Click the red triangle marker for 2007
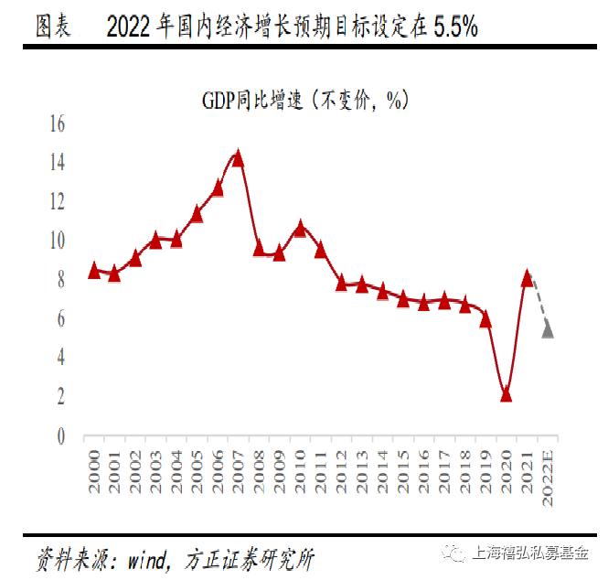pyautogui.click(x=238, y=158)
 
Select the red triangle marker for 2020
pyautogui.click(x=507, y=394)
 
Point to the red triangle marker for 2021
pyautogui.click(x=527, y=278)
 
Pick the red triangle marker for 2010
pyautogui.click(x=300, y=229)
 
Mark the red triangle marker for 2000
pyautogui.click(x=93, y=270)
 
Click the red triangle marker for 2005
pyautogui.click(x=197, y=215)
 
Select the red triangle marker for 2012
pyautogui.click(x=341, y=283)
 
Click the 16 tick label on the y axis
pyautogui.click(x=57, y=124)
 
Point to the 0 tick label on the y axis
pyautogui.click(x=61, y=436)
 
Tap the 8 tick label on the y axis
pyautogui.click(x=61, y=281)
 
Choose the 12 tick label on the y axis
pyautogui.click(x=57, y=202)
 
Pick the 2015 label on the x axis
pyautogui.click(x=403, y=472)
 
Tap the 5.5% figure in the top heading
pyautogui.click(x=455, y=27)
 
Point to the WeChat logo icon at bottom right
pyautogui.click(x=454, y=553)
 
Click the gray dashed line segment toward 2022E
pyautogui.click(x=539, y=303)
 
